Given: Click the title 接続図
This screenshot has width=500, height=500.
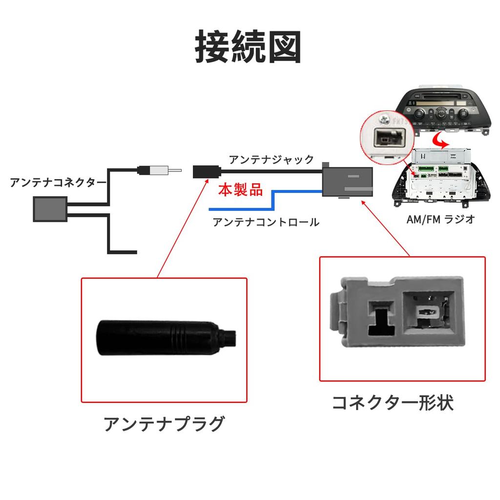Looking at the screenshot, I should (x=249, y=47).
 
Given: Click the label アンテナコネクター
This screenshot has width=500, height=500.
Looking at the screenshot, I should (x=58, y=183).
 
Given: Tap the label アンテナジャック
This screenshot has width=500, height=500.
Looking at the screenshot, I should (x=271, y=159).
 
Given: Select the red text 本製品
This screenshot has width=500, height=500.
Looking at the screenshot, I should (x=240, y=189).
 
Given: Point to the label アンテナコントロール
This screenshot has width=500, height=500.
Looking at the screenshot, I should (x=266, y=223).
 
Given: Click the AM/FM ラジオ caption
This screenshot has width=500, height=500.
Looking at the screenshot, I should (x=441, y=219).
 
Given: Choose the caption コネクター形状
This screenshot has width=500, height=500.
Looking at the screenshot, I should (x=393, y=403).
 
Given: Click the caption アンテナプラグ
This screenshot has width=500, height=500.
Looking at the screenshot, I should (x=164, y=424).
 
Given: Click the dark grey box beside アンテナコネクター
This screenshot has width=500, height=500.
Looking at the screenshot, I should (x=50, y=208).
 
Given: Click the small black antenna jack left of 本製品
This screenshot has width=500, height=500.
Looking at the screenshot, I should (x=206, y=171).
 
